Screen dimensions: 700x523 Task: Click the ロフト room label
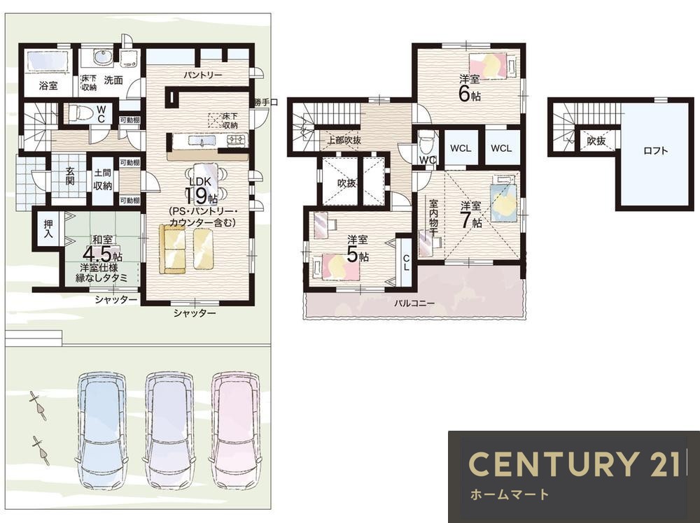click(x=655, y=151)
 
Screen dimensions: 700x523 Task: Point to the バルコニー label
click(x=414, y=303)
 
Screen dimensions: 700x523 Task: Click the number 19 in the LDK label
click(x=198, y=196)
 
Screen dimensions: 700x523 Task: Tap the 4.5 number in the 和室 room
click(x=97, y=254)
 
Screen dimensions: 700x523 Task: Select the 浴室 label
click(x=48, y=85)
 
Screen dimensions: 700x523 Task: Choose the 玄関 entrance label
click(x=69, y=176)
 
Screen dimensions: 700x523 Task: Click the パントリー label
click(x=203, y=75)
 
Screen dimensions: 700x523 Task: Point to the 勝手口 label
click(x=265, y=102)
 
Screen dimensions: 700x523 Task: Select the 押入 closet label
click(x=48, y=228)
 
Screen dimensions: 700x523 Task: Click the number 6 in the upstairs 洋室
click(x=464, y=94)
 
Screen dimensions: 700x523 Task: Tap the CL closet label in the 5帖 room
click(x=406, y=262)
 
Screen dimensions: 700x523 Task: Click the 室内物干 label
click(x=433, y=218)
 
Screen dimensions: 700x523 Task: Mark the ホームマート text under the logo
click(x=509, y=494)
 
